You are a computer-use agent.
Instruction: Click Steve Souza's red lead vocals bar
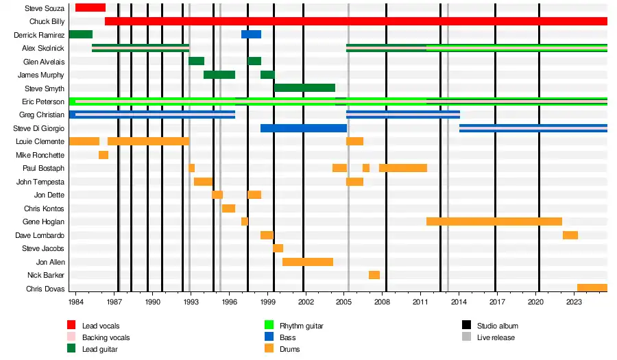click(x=90, y=8)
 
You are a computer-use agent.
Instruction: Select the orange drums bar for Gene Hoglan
click(x=494, y=221)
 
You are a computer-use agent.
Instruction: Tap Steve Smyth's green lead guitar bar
click(x=304, y=88)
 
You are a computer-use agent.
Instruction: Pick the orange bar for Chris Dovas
click(x=592, y=288)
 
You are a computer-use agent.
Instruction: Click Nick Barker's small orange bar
click(x=374, y=275)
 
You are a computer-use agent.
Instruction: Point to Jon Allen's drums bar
click(x=307, y=262)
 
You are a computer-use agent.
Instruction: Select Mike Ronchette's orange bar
click(x=104, y=155)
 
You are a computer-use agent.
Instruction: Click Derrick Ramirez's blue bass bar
click(x=251, y=34)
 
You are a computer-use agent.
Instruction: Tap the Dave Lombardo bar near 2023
click(x=570, y=235)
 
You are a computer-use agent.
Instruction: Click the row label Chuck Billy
click(x=49, y=21)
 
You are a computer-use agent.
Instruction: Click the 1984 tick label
click(x=76, y=301)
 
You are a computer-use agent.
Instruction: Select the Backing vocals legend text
click(x=106, y=337)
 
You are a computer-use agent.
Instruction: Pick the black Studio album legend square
click(x=466, y=326)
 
